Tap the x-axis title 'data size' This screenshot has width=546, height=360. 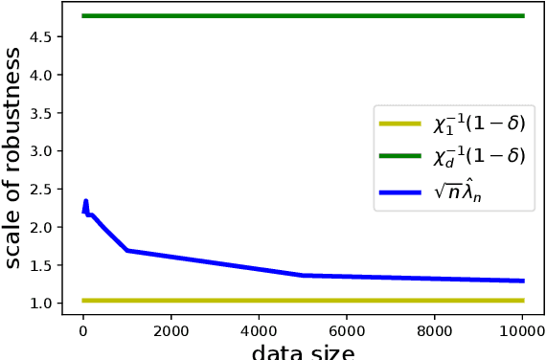pyautogui.click(x=303, y=351)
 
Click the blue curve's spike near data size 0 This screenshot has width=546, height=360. pyautogui.click(x=85, y=203)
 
